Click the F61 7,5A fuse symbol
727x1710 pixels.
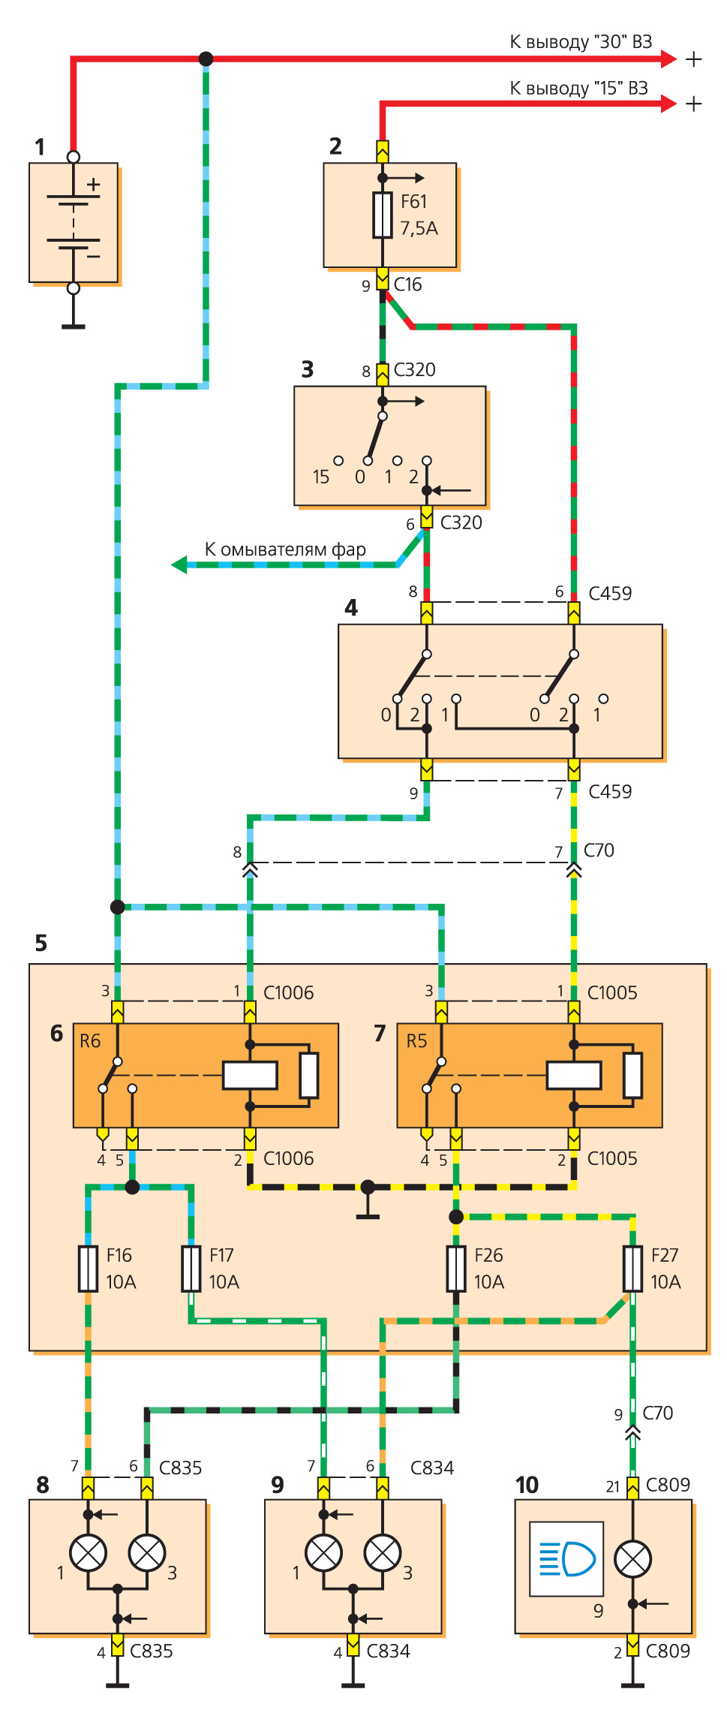point(383,215)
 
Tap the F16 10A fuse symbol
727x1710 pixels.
point(89,1269)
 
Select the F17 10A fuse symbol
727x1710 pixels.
point(191,1269)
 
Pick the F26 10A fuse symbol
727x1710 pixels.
point(456,1269)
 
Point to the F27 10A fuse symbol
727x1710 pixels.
point(633,1269)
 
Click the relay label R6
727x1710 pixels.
point(90,1041)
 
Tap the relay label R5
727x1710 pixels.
point(416,1041)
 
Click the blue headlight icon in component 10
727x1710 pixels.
point(566,1558)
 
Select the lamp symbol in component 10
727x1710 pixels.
point(633,1559)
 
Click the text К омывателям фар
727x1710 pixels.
point(285,549)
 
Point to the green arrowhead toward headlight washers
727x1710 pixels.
point(179,564)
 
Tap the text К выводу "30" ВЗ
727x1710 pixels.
point(581,42)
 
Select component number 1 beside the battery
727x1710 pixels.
point(40,147)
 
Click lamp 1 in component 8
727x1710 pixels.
point(89,1553)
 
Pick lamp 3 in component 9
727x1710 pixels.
point(383,1553)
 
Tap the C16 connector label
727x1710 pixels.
point(407,284)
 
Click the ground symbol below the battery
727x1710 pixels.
point(74,326)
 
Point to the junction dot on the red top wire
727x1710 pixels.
point(206,59)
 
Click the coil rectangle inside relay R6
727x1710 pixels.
point(251,1075)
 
